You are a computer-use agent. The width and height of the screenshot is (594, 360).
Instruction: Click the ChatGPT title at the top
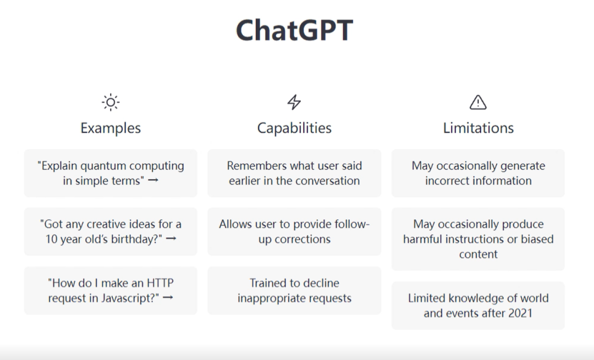[x=294, y=30]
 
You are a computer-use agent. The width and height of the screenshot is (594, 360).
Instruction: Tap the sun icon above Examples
[x=111, y=102]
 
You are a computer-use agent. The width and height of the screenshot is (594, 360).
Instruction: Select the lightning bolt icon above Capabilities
[x=294, y=102]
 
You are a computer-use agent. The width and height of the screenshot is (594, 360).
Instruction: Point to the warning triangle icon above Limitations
[x=478, y=102]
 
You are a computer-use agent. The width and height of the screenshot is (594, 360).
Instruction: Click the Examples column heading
[x=111, y=128]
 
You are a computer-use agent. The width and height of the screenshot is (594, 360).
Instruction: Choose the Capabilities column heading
[x=294, y=128]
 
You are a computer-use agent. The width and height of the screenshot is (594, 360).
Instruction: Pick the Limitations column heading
[x=479, y=128]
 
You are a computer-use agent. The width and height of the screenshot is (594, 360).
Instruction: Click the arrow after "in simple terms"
[x=153, y=181]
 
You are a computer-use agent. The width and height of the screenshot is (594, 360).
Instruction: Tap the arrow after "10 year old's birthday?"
[x=171, y=239]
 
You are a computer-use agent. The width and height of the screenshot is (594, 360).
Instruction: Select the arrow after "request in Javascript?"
[x=168, y=298]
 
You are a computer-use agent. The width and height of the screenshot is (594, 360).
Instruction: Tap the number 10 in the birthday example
[x=51, y=239]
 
